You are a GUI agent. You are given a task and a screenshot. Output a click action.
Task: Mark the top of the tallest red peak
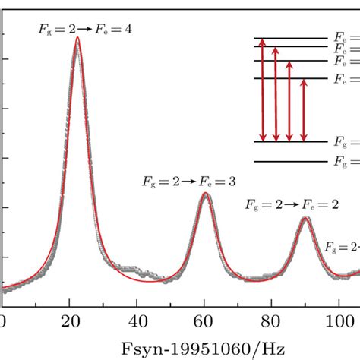pos(77,38)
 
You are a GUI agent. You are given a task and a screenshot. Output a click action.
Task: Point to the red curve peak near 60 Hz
pos(204,193)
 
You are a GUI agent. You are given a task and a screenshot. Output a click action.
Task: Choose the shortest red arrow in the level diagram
pos(303,110)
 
